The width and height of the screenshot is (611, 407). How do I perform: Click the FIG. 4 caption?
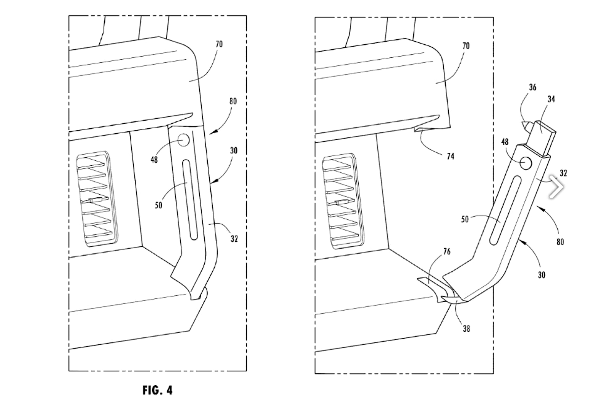(x=157, y=390)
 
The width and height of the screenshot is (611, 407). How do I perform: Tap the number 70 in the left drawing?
(x=219, y=44)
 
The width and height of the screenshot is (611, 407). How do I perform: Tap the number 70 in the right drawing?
(x=466, y=46)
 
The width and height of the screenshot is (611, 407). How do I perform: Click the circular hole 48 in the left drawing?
(x=184, y=140)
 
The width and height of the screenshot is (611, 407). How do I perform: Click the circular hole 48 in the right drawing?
(x=525, y=163)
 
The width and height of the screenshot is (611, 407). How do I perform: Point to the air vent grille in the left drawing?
(x=97, y=199)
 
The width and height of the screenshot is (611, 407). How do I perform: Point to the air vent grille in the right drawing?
(x=343, y=201)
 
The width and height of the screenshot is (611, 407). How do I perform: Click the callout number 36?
(x=532, y=87)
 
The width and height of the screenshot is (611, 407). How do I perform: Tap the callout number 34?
(x=551, y=99)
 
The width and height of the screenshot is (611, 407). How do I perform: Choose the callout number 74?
(x=450, y=156)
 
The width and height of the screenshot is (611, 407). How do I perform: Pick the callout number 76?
(x=447, y=251)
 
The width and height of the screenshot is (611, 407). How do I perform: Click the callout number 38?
(x=466, y=329)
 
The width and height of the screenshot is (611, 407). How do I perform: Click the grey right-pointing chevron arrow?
(x=556, y=187)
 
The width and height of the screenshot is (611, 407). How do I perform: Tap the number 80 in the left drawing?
(x=233, y=101)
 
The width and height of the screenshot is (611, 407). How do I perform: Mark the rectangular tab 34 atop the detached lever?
(x=542, y=139)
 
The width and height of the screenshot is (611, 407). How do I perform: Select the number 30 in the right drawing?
(x=541, y=275)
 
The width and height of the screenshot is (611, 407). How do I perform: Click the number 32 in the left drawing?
(x=234, y=239)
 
